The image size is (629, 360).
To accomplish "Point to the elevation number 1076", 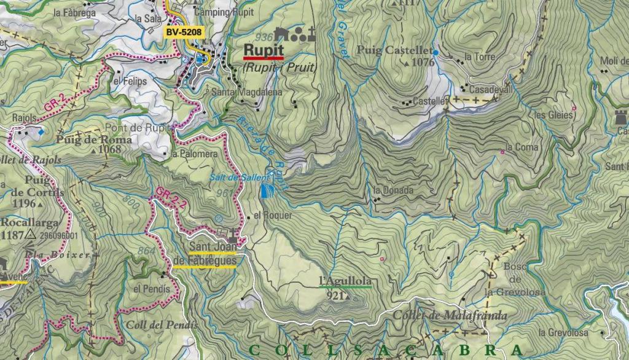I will click(x=423, y=62).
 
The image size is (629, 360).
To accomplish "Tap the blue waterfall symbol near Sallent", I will click(x=265, y=192).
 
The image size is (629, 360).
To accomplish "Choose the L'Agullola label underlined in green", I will click(x=345, y=281).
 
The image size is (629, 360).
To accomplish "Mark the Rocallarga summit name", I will click(x=29, y=223).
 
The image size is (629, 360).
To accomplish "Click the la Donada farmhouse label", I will click(x=393, y=190).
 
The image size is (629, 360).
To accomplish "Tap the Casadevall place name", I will click(x=491, y=90).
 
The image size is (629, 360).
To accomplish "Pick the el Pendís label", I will click(x=147, y=289).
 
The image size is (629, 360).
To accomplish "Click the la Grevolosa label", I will click(x=563, y=332).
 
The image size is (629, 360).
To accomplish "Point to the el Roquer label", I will click(x=273, y=216).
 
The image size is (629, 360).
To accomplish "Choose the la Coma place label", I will click(x=523, y=147).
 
